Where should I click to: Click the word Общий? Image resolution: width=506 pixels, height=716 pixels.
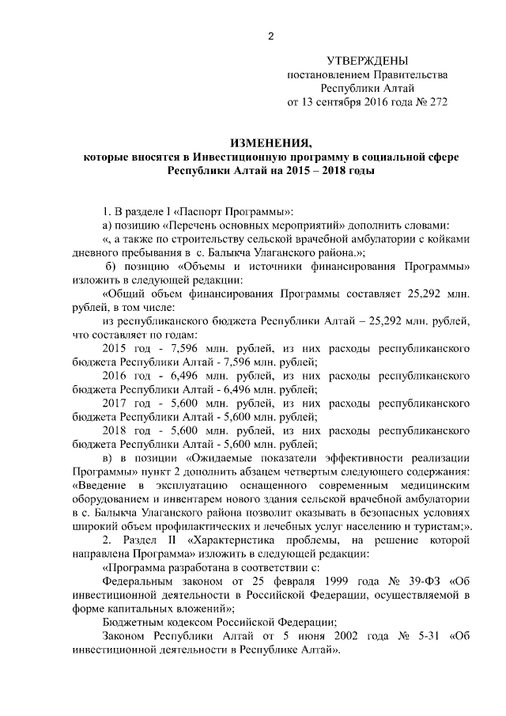tap(124, 293)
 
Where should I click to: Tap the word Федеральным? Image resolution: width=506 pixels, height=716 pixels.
tap(139, 579)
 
